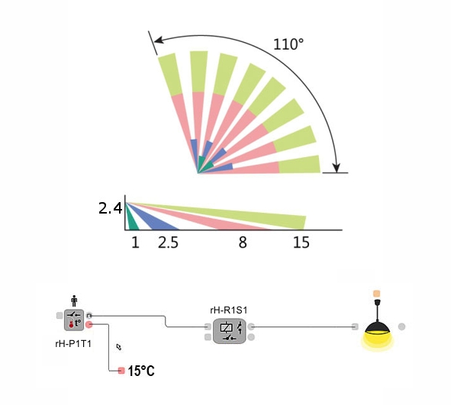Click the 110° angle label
(288, 44)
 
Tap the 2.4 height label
(111, 208)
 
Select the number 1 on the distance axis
(136, 243)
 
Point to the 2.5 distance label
(168, 243)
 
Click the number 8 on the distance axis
(243, 243)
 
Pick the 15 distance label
(301, 243)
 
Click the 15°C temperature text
(141, 371)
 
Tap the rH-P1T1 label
(73, 343)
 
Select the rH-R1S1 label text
(229, 310)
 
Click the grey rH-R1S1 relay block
(230, 331)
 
